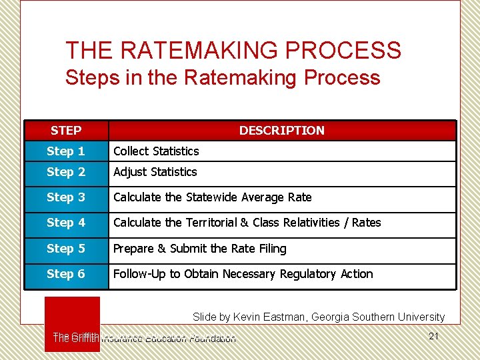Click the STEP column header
pos(66,131)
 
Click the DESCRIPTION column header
pos(282,131)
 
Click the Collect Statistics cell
pos(156,151)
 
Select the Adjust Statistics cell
pos(155,172)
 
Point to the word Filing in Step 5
pos(272,249)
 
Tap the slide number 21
pos(434,336)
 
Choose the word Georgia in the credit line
pos(331,317)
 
